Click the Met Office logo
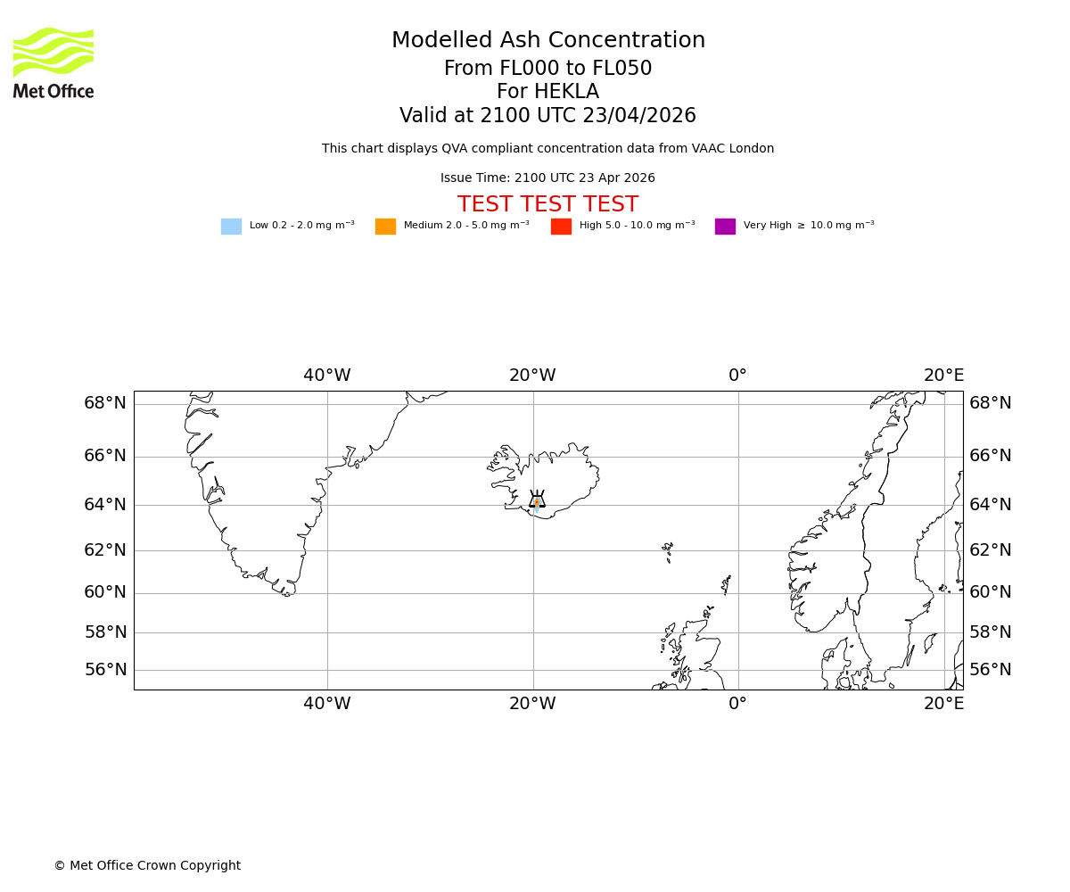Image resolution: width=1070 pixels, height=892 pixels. [53, 62]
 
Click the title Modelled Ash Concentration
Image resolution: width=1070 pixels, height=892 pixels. [547, 41]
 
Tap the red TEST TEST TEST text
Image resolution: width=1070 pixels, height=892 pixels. [547, 205]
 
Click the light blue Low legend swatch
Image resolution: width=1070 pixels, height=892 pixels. [231, 227]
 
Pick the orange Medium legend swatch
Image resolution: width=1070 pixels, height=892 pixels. [385, 227]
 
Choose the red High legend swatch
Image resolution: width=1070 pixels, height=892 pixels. [561, 227]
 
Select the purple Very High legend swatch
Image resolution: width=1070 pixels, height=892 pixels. [725, 227]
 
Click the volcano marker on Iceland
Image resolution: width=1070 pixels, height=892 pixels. [537, 500]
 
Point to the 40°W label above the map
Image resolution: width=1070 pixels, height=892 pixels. [327, 376]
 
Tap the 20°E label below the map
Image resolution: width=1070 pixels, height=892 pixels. [943, 704]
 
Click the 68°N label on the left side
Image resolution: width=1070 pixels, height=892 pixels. [105, 403]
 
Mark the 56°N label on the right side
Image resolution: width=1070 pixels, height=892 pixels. [991, 670]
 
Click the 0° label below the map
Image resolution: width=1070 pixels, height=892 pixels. [737, 704]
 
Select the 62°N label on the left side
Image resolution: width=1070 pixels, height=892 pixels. [105, 550]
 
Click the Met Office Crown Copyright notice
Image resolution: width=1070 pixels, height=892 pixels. [147, 866]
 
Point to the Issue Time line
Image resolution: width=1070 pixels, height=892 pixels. [547, 178]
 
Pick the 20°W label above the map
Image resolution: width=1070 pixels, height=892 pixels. [532, 376]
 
